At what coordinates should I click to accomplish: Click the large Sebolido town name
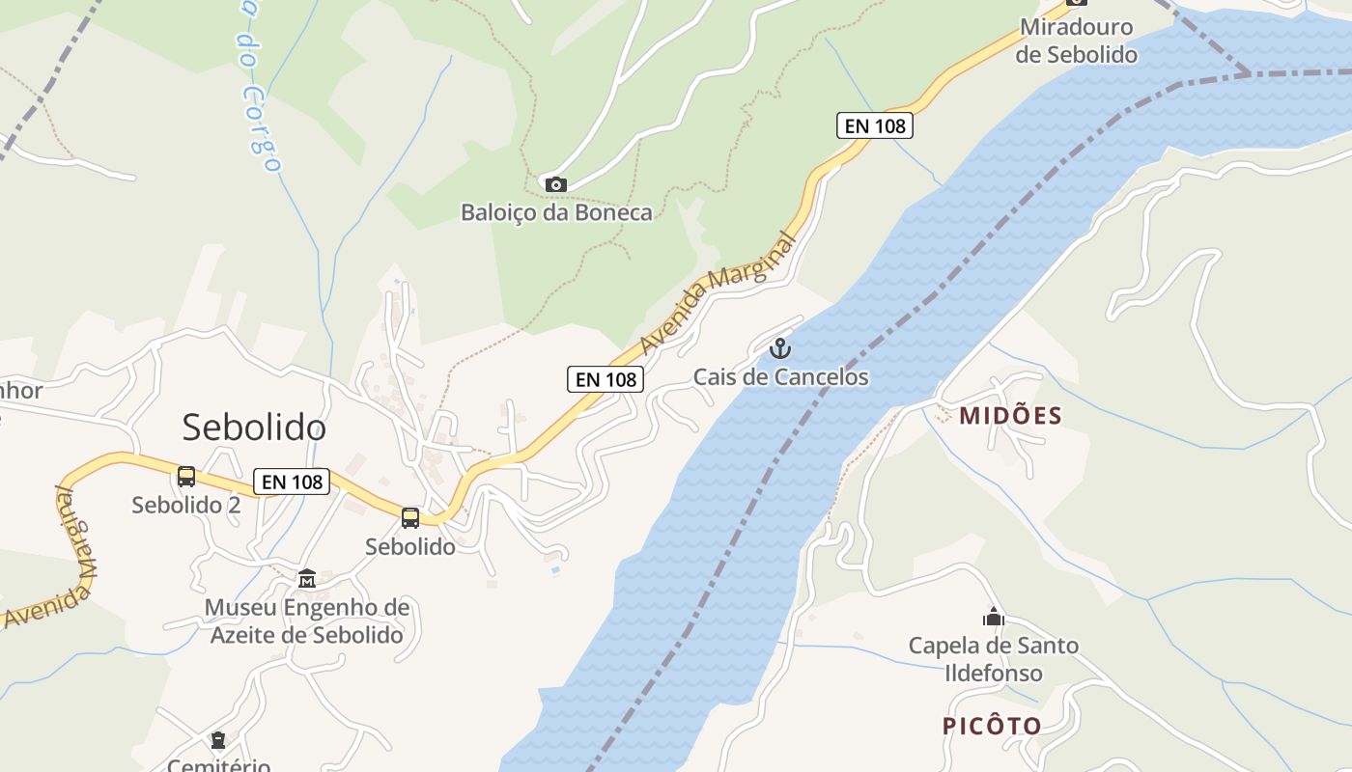[254, 427]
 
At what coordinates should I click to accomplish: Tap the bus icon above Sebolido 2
[186, 477]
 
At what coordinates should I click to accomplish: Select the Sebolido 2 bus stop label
[186, 505]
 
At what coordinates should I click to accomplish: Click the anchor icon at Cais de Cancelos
[780, 348]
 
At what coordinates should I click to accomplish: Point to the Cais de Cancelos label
[780, 377]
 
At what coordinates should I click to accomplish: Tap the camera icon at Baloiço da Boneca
[555, 184]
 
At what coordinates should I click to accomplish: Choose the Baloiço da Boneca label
[556, 212]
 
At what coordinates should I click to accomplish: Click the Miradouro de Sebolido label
[1076, 41]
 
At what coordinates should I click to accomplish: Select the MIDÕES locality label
[1010, 416]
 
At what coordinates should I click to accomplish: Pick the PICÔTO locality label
[992, 726]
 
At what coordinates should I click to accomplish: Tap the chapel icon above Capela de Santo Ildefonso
[993, 617]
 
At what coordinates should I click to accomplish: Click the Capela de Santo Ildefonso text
[993, 659]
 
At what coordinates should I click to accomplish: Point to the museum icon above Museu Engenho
[307, 579]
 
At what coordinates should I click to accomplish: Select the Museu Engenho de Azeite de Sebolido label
[307, 621]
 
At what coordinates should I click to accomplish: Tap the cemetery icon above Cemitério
[218, 740]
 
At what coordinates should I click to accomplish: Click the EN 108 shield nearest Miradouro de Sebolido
[874, 125]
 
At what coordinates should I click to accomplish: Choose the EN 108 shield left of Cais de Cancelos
[606, 379]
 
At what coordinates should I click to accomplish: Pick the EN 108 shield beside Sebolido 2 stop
[292, 482]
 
